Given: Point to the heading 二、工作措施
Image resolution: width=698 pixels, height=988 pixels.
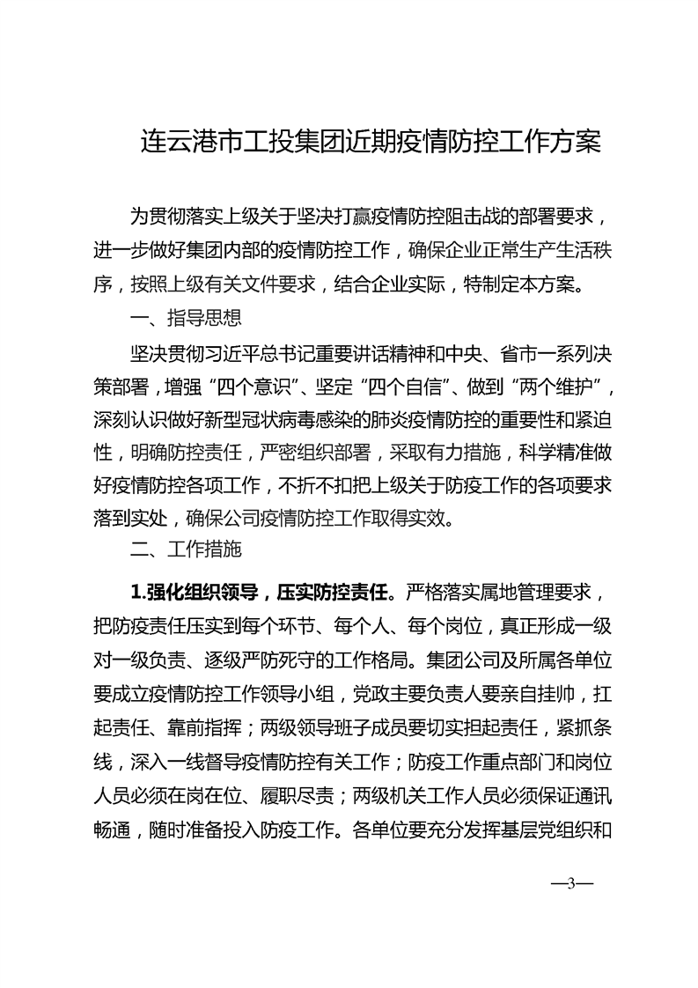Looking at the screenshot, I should tap(186, 551).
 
